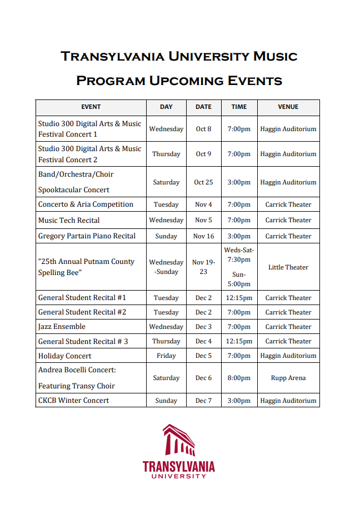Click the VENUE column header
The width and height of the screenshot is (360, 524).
288,107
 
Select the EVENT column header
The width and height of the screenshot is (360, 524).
91,107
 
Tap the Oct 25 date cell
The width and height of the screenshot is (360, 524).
203,182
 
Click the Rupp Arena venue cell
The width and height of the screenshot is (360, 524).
288,378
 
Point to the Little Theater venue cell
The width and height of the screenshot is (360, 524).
288,267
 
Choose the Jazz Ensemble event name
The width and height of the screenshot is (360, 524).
62,327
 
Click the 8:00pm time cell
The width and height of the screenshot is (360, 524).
239,378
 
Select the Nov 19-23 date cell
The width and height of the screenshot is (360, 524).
203,267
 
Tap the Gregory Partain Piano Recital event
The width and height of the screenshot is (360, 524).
87,236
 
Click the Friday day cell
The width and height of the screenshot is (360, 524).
166,356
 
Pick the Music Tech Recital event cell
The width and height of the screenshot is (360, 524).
69,220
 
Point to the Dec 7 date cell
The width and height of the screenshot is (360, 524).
203,401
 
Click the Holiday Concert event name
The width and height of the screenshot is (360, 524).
64,356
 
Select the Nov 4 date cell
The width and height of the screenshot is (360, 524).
203,204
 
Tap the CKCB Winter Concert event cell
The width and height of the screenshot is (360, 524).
73,401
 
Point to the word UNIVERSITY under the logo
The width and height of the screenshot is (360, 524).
178,476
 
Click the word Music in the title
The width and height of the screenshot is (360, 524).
275,56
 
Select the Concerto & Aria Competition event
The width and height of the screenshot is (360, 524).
86,204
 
